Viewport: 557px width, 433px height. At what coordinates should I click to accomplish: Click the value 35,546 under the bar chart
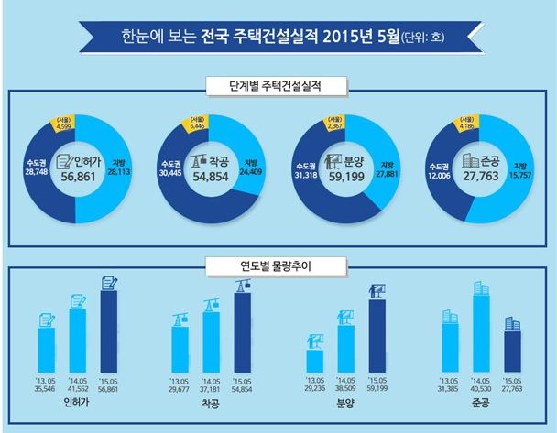coord(45,387)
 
